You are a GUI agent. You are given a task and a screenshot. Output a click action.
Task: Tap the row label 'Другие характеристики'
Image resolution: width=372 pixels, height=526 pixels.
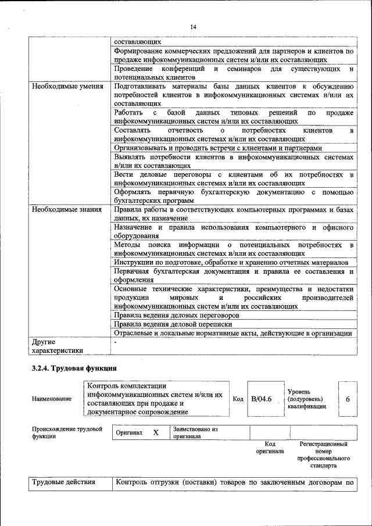click(x=57, y=346)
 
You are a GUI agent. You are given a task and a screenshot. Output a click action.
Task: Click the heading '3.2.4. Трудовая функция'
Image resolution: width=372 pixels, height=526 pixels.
click(x=74, y=368)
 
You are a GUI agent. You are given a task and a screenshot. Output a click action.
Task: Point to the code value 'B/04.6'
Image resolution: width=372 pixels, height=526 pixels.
click(x=262, y=399)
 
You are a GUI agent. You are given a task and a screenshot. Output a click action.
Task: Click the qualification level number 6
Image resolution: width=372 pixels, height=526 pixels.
click(x=348, y=399)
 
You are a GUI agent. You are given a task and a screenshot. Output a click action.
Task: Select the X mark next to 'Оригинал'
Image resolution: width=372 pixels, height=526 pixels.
click(x=156, y=433)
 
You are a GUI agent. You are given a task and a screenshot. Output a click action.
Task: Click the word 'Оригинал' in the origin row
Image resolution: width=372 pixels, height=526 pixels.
click(x=129, y=433)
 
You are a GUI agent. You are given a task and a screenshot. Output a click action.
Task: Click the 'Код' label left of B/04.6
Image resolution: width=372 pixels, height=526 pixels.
click(x=238, y=399)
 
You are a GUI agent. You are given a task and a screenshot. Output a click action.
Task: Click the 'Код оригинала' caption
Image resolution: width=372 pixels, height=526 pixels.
click(x=270, y=448)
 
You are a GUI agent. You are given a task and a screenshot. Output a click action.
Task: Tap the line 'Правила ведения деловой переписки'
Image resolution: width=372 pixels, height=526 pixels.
click(x=173, y=324)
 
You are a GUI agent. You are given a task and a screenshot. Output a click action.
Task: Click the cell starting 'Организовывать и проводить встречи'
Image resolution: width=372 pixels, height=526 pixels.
click(x=217, y=148)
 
